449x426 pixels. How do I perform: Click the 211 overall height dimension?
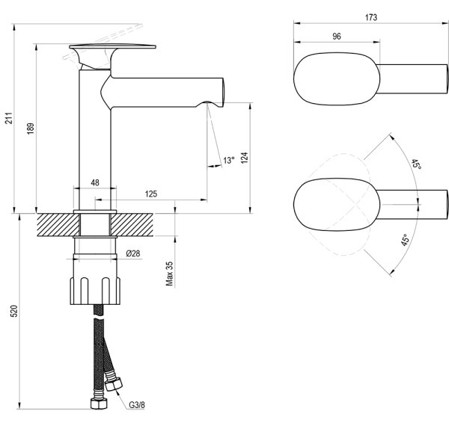click(10, 118)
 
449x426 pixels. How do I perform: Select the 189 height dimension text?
click(31, 129)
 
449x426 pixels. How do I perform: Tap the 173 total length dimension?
click(371, 17)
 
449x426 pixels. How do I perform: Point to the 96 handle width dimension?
click(337, 37)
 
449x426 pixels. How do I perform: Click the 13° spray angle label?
click(229, 161)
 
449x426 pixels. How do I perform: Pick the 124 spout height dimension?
click(244, 158)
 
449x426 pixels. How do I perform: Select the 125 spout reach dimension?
click(151, 194)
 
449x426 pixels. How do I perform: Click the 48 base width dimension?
click(95, 182)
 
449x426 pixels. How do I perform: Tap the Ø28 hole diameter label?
click(133, 253)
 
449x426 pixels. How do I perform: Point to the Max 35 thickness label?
click(169, 274)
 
